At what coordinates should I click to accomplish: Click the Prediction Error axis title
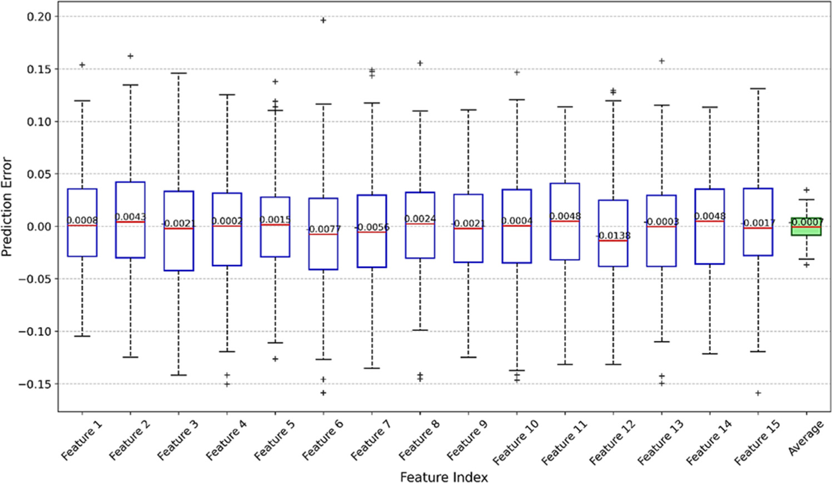coord(7,206)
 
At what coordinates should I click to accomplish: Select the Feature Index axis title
coord(444,477)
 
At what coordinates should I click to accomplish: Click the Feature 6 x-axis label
coord(323,439)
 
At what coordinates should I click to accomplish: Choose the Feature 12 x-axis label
coord(612,441)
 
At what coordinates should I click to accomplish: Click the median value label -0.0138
coord(614,236)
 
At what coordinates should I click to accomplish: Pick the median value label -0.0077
coord(323,229)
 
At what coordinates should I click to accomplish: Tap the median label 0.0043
coord(131,217)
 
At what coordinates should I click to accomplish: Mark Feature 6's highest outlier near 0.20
coord(323,21)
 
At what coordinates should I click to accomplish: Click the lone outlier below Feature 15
coord(758,393)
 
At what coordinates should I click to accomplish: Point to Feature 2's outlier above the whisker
coord(131,56)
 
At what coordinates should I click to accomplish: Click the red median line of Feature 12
coord(613,241)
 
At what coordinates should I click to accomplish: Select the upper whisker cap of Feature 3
coord(178,73)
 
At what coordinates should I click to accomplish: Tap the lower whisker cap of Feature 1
coord(82,336)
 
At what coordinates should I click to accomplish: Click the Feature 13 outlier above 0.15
coord(662,61)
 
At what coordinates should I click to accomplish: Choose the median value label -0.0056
coord(372,227)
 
